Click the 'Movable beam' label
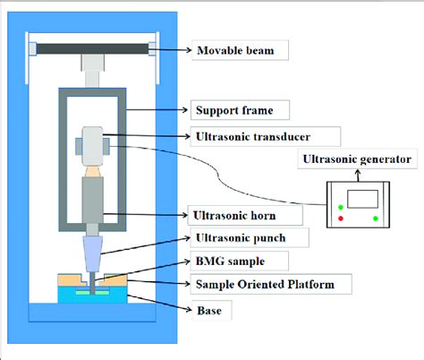(x=239, y=49)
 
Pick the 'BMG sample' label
(x=228, y=261)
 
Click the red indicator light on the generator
(x=341, y=219)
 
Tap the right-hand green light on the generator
(x=375, y=219)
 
